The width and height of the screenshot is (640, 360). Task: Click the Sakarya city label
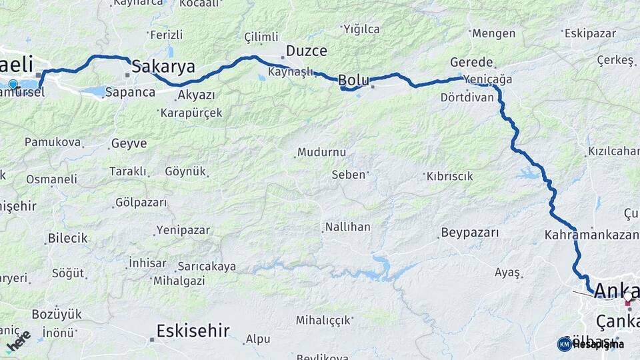tap(163, 66)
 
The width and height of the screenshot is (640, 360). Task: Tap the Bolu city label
tap(353, 80)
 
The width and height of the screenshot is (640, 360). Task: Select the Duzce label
tap(307, 51)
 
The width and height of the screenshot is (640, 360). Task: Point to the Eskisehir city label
tap(193, 330)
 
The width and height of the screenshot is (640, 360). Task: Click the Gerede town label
tap(472, 62)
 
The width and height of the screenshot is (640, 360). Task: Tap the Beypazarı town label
tap(469, 233)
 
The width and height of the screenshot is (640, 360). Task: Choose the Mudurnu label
tap(321, 152)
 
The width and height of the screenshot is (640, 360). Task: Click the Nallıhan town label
tap(347, 227)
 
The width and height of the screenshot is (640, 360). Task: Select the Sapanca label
tap(130, 92)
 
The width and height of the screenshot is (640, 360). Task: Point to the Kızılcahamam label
tap(613, 151)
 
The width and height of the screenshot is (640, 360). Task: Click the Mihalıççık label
tap(324, 320)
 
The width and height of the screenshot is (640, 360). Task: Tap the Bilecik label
tap(67, 238)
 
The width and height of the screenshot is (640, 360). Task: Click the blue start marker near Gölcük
tap(13, 84)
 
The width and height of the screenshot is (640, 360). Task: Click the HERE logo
tap(19, 341)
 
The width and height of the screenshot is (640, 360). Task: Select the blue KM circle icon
tap(564, 344)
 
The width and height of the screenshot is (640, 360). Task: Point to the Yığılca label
tap(361, 29)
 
